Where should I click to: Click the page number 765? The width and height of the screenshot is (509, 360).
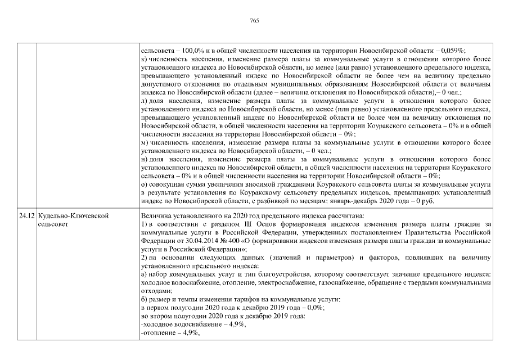click(x=254, y=21)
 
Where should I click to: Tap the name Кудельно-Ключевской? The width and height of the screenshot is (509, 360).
click(x=73, y=215)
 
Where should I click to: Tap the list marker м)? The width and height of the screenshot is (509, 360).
click(x=145, y=143)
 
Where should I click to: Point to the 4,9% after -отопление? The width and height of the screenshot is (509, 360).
click(x=191, y=332)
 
